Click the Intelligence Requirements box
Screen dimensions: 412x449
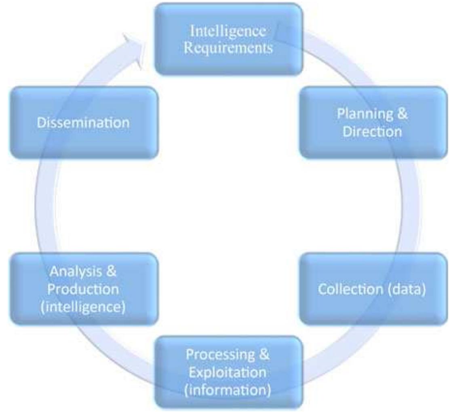pos(228,39)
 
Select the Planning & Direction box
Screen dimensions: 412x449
pos(372,122)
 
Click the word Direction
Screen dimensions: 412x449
pos(372,132)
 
